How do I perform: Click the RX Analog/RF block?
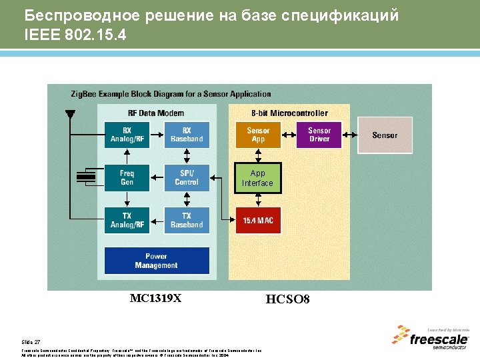(x=127, y=135)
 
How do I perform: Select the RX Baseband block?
(x=187, y=135)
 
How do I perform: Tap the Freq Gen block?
(x=127, y=178)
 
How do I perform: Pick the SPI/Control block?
(x=187, y=178)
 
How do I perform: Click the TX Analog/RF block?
(x=127, y=221)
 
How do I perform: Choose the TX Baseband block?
(x=187, y=221)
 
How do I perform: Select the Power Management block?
(x=157, y=261)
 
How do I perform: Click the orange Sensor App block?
(x=258, y=135)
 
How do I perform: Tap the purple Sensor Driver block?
(x=319, y=135)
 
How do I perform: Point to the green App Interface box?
(x=258, y=178)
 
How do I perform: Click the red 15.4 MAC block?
(x=258, y=220)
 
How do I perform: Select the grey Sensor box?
(x=385, y=135)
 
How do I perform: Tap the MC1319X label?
(x=155, y=299)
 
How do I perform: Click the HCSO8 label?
(x=288, y=299)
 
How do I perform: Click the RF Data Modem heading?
(x=156, y=113)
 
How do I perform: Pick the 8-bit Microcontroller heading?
(x=289, y=113)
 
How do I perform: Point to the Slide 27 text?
(x=31, y=341)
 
